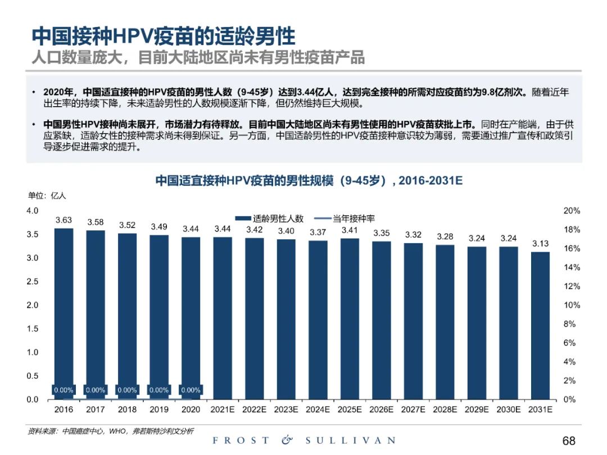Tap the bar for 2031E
540,325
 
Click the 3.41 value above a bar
350,230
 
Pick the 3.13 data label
540,243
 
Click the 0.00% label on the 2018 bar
127,390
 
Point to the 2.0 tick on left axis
33,305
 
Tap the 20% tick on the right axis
572,211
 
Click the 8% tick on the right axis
569,324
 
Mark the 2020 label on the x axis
191,410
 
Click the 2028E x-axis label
445,410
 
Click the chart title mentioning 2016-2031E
308,181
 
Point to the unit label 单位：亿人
47,196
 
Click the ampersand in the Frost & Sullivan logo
287,440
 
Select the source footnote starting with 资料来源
111,431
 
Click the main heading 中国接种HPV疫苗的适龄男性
163,37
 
